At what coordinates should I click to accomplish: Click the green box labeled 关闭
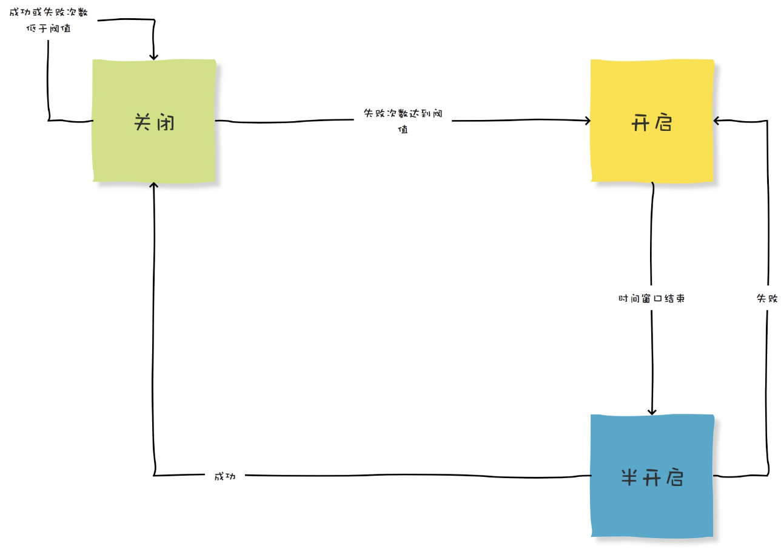(x=154, y=121)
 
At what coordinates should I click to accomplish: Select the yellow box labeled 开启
(x=652, y=121)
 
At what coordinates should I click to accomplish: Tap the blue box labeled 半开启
(x=652, y=476)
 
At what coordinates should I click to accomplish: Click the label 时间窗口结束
(x=651, y=299)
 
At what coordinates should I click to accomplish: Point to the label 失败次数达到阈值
(x=403, y=121)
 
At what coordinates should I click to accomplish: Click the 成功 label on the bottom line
(x=225, y=476)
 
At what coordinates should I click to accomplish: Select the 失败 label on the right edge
(x=767, y=298)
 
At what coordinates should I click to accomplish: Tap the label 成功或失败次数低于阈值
(x=49, y=20)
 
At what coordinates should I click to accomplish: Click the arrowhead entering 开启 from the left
(x=588, y=121)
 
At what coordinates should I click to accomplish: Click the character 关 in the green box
(x=142, y=122)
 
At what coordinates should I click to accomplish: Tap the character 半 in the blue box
(x=629, y=477)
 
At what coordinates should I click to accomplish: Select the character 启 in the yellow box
(x=663, y=122)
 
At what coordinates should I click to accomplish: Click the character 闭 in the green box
(x=166, y=122)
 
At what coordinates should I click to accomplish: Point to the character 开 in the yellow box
(x=640, y=123)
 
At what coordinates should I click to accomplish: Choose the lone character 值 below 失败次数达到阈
(x=403, y=129)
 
